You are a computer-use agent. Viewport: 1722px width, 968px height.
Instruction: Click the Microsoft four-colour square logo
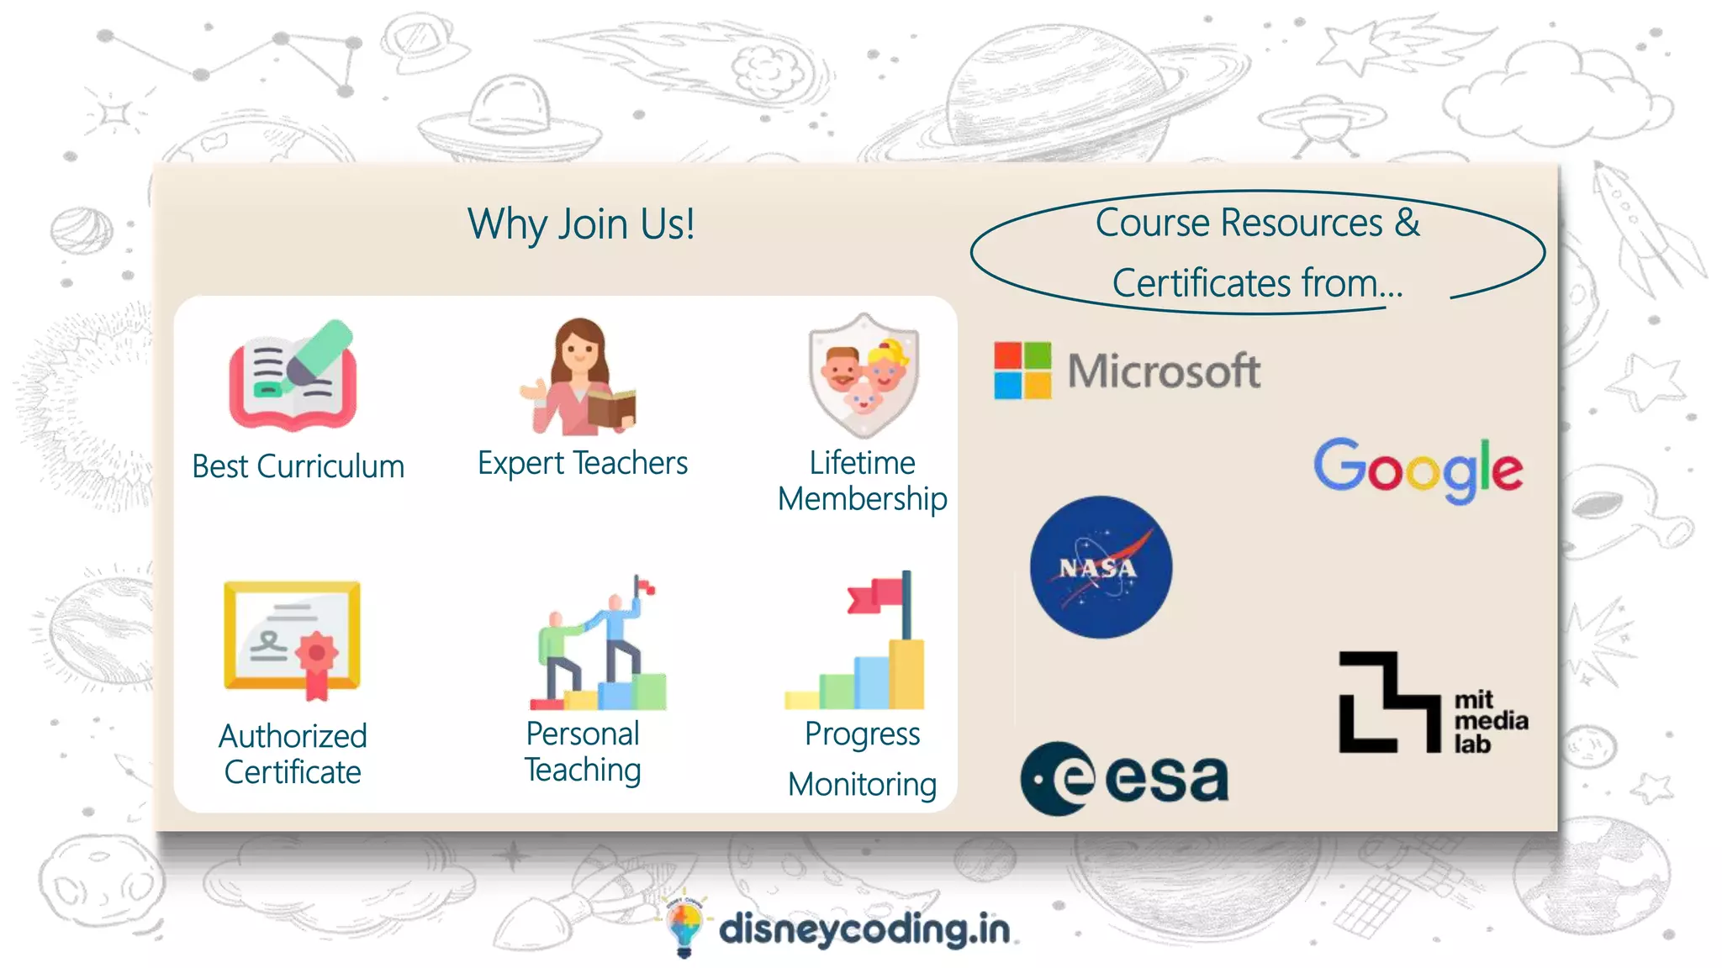1022,370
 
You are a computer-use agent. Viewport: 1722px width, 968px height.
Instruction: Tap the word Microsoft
1164,371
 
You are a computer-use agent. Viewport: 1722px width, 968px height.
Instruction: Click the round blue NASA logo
1101,567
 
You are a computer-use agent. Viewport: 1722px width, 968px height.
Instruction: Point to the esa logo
1125,778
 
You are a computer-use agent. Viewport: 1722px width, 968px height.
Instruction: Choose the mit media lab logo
1432,702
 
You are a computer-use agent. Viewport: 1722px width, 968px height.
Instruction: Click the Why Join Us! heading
581,224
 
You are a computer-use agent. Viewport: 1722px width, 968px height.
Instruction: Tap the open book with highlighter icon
293,375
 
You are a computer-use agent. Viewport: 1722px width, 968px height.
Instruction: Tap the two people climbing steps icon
599,643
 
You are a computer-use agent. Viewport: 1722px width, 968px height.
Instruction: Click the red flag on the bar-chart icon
877,594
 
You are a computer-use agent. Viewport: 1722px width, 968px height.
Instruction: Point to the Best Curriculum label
298,466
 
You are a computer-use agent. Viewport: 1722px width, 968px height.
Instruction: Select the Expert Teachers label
583,463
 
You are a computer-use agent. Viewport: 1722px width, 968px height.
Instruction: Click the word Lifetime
862,463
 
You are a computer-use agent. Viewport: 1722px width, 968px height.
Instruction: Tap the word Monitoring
862,784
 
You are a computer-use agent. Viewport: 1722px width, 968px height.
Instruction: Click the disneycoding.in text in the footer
864,929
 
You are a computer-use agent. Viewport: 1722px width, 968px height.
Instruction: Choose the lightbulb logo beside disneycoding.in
684,926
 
